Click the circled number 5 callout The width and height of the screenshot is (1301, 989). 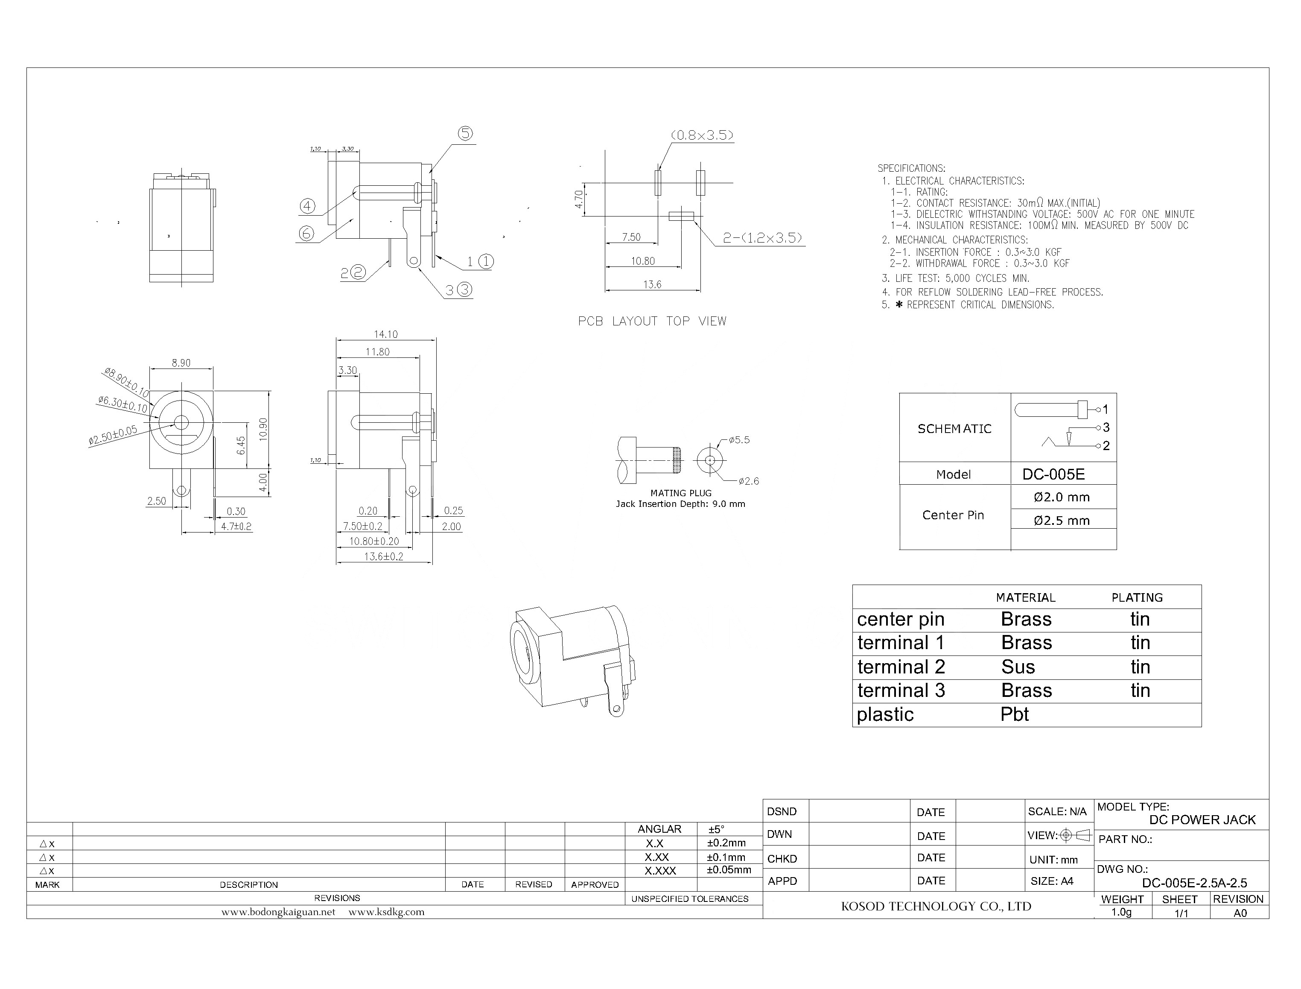[x=465, y=134]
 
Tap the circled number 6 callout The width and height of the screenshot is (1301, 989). [x=306, y=234]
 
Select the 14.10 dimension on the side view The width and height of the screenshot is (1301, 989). [x=385, y=334]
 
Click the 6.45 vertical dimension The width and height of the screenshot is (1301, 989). [x=241, y=445]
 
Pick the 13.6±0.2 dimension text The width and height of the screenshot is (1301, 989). [x=384, y=556]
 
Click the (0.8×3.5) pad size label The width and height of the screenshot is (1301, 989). [x=702, y=135]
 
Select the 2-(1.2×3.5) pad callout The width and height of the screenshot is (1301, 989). [x=763, y=238]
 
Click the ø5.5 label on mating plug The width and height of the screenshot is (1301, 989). [x=739, y=440]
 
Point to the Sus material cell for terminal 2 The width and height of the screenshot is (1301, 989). [x=1018, y=667]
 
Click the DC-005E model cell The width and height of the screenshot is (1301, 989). [x=1053, y=474]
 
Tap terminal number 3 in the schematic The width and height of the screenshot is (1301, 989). [x=1106, y=427]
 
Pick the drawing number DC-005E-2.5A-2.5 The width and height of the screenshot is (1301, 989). [x=1194, y=883]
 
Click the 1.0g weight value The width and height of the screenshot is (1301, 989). [x=1122, y=913]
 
